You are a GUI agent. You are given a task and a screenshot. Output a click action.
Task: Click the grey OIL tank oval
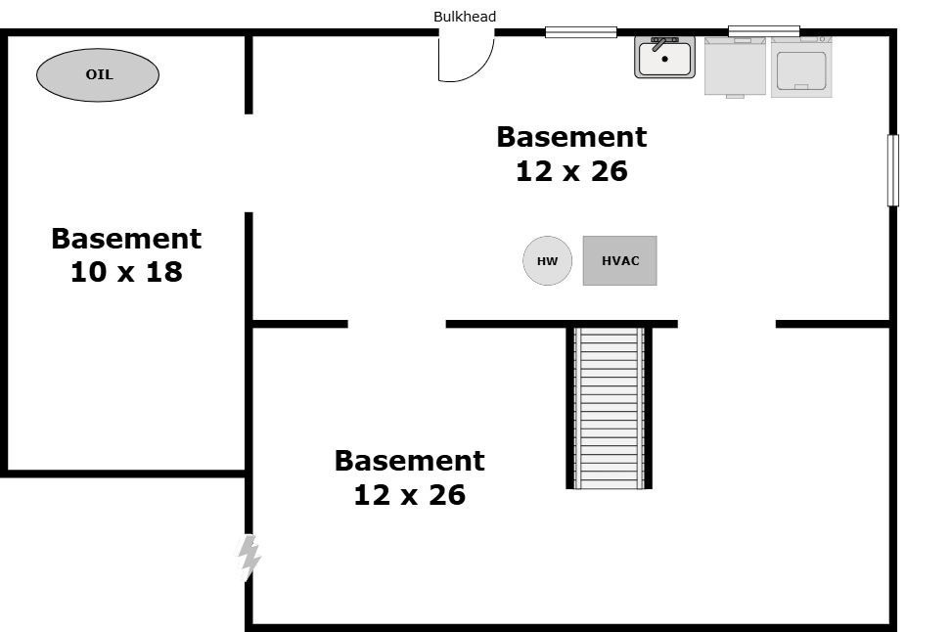(98, 74)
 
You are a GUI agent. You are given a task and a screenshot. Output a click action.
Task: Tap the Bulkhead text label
(465, 17)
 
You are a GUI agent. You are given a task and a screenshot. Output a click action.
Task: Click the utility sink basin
(664, 59)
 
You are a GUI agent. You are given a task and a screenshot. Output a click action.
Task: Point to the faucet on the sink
(660, 43)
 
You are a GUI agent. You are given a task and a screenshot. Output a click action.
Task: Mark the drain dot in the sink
(664, 60)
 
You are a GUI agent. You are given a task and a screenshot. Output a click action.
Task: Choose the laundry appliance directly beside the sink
(735, 67)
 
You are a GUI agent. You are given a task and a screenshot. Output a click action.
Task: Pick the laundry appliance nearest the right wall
(801, 68)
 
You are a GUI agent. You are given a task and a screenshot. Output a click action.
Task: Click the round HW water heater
(547, 261)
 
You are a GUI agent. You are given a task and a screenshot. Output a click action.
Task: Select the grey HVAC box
(619, 261)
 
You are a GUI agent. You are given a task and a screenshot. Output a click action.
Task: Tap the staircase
(609, 407)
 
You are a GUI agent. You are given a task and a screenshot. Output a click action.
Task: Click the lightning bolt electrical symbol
(249, 558)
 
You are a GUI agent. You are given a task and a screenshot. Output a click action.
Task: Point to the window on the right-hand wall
(892, 170)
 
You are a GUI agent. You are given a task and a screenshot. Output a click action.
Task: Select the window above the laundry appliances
(763, 31)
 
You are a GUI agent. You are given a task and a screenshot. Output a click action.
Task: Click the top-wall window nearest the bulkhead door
(580, 32)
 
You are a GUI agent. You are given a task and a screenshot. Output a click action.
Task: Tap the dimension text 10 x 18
(126, 272)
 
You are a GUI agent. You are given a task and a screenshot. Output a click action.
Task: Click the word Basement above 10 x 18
(126, 239)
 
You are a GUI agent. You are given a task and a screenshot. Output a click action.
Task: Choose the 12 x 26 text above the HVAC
(571, 171)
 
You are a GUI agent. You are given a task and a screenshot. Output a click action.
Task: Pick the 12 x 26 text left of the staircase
(409, 495)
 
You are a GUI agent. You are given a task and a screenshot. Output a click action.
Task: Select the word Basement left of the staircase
(409, 461)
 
